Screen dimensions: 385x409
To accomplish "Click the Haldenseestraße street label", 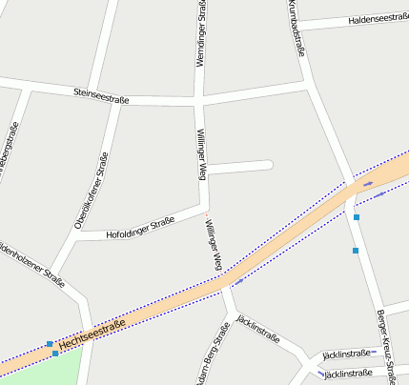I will [379, 18].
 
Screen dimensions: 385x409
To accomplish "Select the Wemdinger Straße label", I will [201, 33].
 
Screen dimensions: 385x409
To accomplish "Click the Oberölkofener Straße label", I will [91, 192].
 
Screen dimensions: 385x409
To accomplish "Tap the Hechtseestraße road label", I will [92, 334].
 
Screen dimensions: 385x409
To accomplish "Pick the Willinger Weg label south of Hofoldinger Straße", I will [214, 243].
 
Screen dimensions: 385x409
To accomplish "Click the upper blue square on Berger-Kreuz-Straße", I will [357, 218].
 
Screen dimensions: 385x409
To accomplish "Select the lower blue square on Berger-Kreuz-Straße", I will [355, 251].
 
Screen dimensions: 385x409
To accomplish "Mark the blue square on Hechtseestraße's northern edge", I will [50, 343].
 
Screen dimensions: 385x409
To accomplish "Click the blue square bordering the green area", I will [55, 354].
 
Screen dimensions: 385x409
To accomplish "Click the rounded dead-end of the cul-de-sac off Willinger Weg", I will [268, 165].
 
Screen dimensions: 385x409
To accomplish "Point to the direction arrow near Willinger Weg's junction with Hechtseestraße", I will [236, 281].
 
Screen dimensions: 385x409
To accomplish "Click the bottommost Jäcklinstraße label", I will [348, 374].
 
